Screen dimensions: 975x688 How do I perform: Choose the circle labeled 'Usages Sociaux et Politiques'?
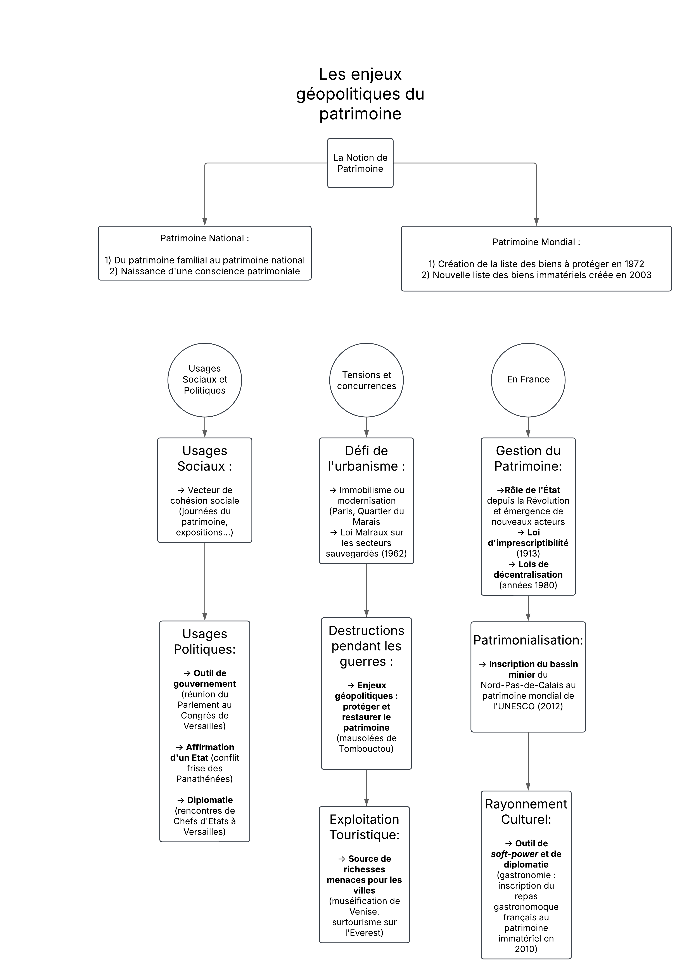point(205,380)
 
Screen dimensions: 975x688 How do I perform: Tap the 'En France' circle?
point(528,380)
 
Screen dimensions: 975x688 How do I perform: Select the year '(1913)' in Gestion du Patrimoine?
point(528,553)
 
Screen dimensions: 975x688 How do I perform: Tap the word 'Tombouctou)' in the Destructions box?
point(366,749)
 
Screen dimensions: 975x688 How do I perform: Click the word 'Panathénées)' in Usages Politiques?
point(205,779)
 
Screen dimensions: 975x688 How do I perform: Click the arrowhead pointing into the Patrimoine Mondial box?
point(536,222)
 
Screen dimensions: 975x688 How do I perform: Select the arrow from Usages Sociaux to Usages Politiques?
point(205,582)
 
